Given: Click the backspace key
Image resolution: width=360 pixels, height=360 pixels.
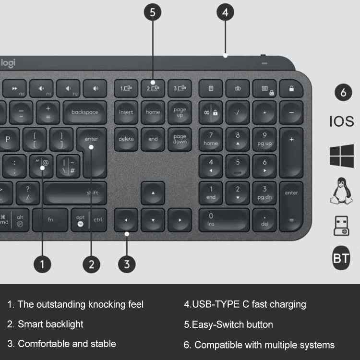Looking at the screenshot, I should [85, 112].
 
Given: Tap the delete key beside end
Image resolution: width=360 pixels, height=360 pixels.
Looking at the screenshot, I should [126, 139].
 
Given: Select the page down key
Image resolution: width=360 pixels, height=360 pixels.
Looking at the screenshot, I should [180, 139].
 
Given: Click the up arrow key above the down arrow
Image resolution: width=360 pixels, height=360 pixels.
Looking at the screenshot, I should [153, 193].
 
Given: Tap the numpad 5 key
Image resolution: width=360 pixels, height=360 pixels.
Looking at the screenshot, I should [238, 166].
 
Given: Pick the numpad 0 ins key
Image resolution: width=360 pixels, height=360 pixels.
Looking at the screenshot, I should [224, 220].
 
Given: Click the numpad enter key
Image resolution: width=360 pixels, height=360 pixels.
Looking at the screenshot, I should [291, 206].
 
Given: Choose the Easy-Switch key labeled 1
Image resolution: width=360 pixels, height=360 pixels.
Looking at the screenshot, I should [126, 88].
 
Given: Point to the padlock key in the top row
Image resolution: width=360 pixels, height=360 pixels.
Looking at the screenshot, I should [291, 88].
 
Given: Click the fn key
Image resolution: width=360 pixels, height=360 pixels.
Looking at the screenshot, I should [50, 220].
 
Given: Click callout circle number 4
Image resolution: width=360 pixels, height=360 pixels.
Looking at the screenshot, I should [225, 12].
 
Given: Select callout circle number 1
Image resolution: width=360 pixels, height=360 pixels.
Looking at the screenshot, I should [42, 263].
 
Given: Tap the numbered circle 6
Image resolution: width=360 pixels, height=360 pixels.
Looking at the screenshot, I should [343, 93].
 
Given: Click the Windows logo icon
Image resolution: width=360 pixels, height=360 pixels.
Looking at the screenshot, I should [342, 156].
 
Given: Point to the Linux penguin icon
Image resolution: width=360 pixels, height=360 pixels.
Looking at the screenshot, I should [342, 191].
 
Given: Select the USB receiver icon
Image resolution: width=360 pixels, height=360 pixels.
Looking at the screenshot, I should [341, 225].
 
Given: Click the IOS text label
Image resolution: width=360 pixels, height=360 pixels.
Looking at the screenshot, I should [342, 121].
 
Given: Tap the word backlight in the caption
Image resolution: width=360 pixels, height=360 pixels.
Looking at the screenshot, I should [64, 324].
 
